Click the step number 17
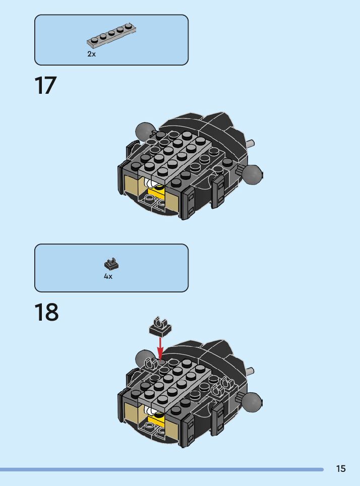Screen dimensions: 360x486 pos(46,86)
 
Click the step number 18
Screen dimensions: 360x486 pos(46,313)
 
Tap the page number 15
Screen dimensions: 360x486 pos(341,469)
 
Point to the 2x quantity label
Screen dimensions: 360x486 pos(91,54)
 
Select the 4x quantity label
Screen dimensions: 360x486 pos(108,277)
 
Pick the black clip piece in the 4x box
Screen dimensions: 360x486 pos(111,263)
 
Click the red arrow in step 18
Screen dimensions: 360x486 pos(160,348)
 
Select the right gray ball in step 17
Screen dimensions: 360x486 pos(252,174)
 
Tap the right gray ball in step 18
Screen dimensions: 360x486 pos(252,402)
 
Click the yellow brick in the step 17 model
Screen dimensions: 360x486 pos(156,194)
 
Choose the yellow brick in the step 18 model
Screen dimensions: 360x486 pos(156,419)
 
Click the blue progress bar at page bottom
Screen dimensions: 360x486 pos(161,469)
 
